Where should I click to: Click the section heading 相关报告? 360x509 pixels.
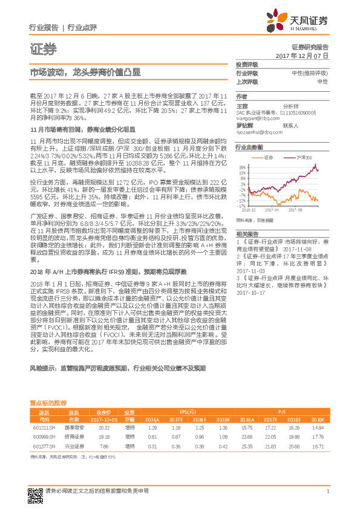point(247,233)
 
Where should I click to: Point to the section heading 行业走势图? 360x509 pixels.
point(249,147)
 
